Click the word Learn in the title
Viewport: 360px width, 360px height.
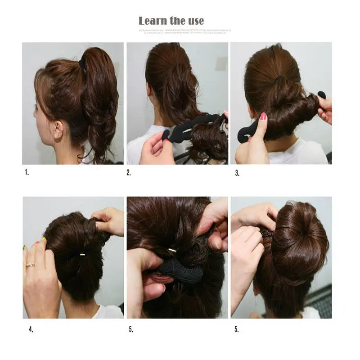tap(153, 21)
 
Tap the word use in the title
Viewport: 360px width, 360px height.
tap(193, 21)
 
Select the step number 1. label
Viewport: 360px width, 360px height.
tap(26, 172)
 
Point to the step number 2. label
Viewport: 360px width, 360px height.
tap(129, 172)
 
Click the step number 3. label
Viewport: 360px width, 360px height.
tap(237, 172)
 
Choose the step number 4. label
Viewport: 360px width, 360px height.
tap(31, 329)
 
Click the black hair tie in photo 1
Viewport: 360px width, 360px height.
tap(82, 63)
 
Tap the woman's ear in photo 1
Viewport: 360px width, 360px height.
tap(57, 130)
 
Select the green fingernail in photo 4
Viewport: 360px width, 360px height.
tap(24, 247)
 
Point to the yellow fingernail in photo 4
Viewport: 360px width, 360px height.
tap(44, 239)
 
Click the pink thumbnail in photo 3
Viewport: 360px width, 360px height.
tap(263, 117)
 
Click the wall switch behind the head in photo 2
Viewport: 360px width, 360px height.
tap(221, 63)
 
